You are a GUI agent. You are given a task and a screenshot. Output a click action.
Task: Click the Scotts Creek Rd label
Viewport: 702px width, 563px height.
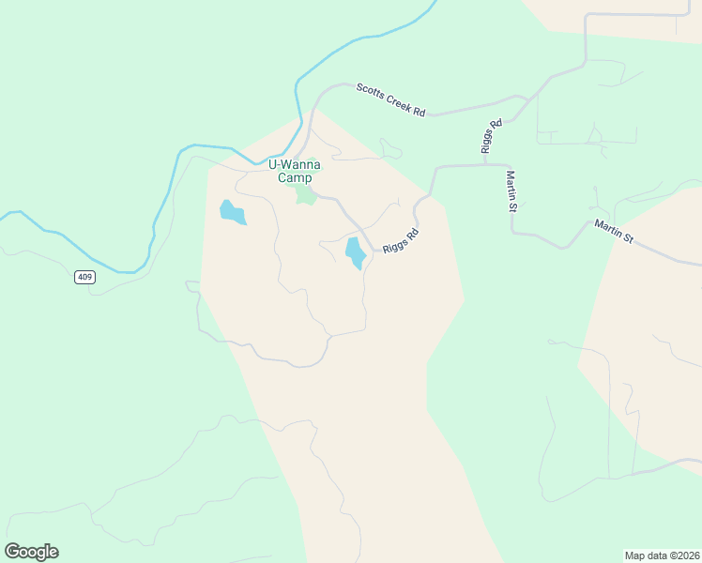tap(391, 100)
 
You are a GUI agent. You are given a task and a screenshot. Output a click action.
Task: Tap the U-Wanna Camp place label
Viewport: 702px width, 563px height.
tap(295, 171)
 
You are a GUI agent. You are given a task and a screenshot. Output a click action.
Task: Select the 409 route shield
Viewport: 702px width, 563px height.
tap(85, 277)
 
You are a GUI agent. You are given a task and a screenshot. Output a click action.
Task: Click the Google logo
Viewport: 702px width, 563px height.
tap(31, 552)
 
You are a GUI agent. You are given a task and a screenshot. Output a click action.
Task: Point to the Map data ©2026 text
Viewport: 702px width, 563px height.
tap(662, 555)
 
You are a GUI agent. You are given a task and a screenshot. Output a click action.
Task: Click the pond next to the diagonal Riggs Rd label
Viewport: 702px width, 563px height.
tap(356, 252)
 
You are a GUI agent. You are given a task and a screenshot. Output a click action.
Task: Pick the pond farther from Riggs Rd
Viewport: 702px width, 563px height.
tap(232, 213)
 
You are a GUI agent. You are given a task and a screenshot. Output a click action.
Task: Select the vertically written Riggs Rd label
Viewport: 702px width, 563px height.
tap(487, 136)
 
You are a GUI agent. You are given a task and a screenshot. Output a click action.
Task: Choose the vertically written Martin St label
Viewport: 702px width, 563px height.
tap(511, 190)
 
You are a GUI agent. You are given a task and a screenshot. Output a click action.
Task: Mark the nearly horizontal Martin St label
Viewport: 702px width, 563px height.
tap(614, 232)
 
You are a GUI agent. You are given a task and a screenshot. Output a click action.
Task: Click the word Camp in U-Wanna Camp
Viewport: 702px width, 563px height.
tap(295, 178)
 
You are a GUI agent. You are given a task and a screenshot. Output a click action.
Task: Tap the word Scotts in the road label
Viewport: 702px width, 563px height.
tap(369, 92)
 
